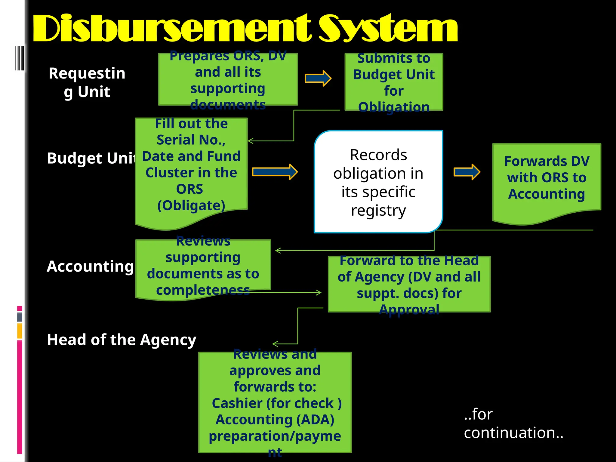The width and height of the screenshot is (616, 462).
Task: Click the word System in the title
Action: click(x=388, y=29)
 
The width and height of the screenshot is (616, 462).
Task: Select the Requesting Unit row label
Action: click(x=87, y=82)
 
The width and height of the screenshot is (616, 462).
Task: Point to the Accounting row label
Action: click(x=90, y=266)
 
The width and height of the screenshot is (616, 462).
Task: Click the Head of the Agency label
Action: click(x=122, y=340)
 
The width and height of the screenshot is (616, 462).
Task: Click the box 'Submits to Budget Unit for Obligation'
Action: click(x=394, y=82)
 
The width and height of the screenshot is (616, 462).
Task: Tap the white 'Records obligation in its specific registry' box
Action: click(x=378, y=182)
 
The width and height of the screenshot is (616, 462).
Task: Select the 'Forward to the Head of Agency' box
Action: click(x=409, y=284)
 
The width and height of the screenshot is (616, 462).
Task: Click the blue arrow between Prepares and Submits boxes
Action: click(x=318, y=79)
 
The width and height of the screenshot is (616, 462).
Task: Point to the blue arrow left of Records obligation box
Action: click(x=275, y=172)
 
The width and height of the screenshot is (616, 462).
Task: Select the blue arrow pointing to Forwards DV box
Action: click(x=467, y=172)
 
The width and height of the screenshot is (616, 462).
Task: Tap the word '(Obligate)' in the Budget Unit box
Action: click(x=191, y=205)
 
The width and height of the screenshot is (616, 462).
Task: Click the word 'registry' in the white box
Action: click(x=378, y=210)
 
